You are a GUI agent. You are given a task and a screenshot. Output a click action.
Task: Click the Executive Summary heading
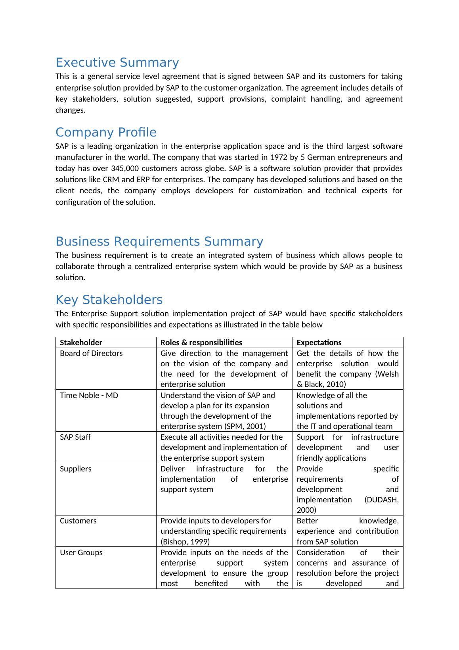(x=117, y=63)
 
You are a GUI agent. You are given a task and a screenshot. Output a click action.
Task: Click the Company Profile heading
(x=106, y=133)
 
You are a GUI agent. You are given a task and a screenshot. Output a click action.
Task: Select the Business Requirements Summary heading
(x=159, y=242)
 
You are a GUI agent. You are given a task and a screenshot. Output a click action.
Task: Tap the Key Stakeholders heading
(x=109, y=300)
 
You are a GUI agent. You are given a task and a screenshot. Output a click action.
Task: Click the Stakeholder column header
(x=81, y=342)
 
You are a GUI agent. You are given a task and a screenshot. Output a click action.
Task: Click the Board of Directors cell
(x=91, y=353)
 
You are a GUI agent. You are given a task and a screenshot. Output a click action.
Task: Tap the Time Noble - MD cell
(x=89, y=395)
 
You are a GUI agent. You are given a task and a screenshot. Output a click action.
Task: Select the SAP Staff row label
(x=75, y=437)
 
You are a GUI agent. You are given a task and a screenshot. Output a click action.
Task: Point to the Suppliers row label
(x=75, y=469)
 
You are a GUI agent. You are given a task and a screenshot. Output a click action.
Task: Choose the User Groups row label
(x=81, y=552)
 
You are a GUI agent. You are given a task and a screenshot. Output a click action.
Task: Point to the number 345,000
(x=125, y=169)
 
